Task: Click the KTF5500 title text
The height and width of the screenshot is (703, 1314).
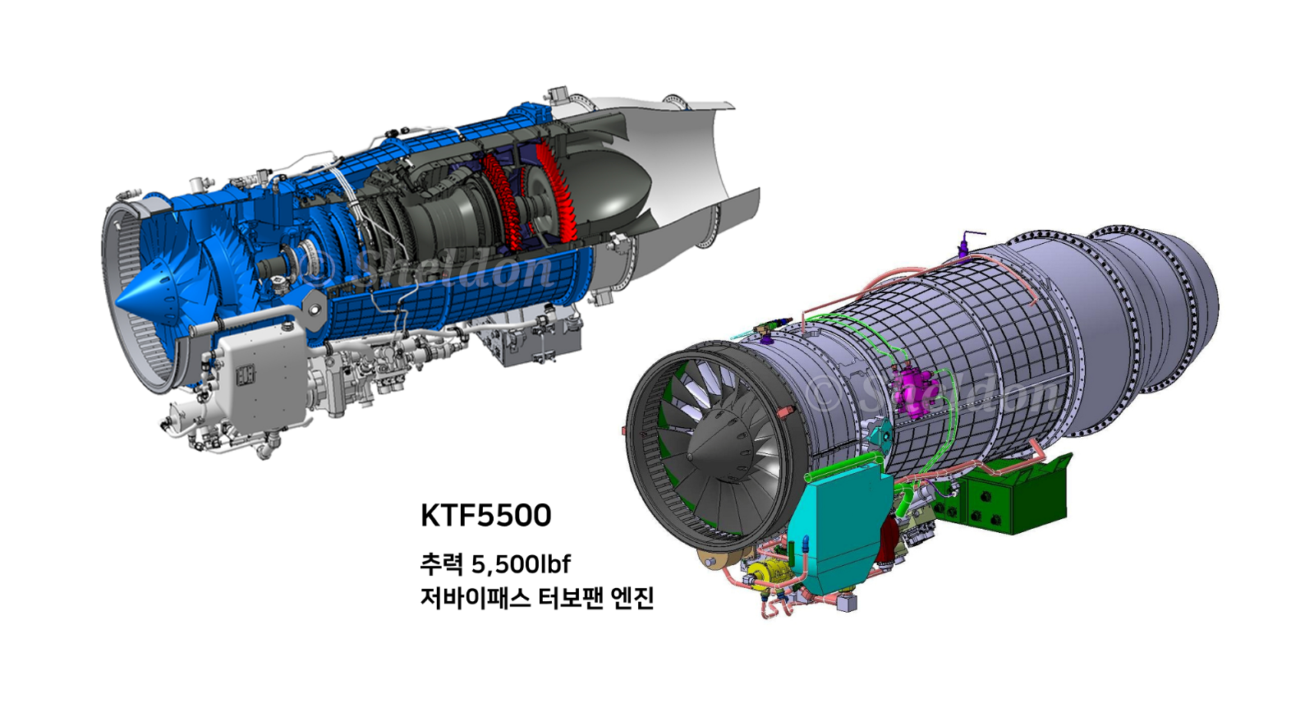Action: click(x=485, y=516)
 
